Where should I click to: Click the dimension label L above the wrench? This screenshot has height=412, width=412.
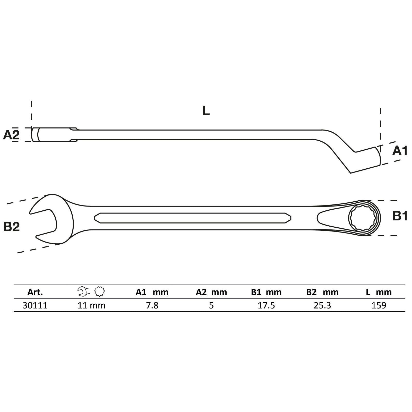pyautogui.click(x=206, y=111)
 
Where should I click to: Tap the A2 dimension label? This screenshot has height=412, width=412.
pyautogui.click(x=11, y=135)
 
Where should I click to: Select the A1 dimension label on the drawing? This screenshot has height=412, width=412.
pyautogui.click(x=400, y=151)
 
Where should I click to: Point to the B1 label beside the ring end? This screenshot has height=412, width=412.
pyautogui.click(x=400, y=216)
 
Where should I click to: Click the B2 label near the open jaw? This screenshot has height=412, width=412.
pyautogui.click(x=12, y=227)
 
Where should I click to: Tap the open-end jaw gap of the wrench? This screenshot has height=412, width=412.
pyautogui.click(x=44, y=220)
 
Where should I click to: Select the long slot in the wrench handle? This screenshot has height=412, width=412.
pyautogui.click(x=193, y=218)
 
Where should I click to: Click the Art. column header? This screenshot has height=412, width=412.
pyautogui.click(x=35, y=292)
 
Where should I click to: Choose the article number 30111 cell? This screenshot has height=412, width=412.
pyautogui.click(x=35, y=305)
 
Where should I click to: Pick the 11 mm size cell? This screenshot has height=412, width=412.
pyautogui.click(x=91, y=305)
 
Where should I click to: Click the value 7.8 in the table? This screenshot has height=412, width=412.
pyautogui.click(x=152, y=305)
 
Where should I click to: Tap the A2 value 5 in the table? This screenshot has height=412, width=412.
pyautogui.click(x=211, y=305)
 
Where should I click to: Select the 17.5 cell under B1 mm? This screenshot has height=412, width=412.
pyautogui.click(x=266, y=305)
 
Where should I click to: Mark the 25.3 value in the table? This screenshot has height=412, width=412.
pyautogui.click(x=322, y=305)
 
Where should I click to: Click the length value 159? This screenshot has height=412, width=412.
pyautogui.click(x=379, y=305)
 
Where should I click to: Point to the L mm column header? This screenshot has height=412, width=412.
pyautogui.click(x=379, y=292)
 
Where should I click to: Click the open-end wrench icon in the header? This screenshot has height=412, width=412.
pyautogui.click(x=83, y=291)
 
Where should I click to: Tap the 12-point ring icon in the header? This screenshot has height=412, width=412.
pyautogui.click(x=100, y=291)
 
